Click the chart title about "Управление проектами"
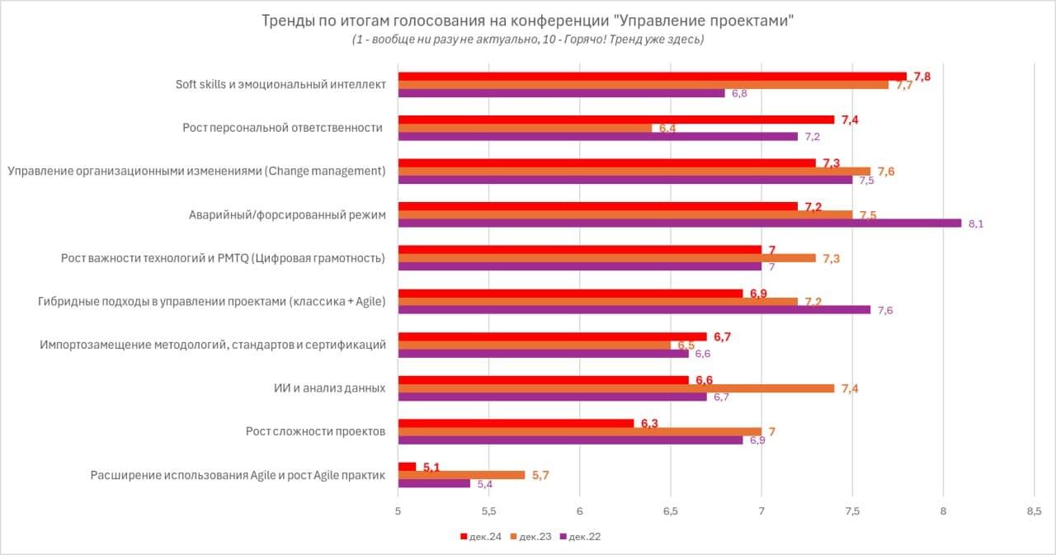point(527,21)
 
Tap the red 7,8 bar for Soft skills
point(652,76)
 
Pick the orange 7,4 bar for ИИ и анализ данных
point(615,388)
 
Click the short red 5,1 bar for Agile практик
point(407,467)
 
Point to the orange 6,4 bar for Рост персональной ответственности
point(525,128)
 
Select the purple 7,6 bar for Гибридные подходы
point(634,309)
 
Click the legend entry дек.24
point(481,537)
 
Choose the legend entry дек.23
point(531,537)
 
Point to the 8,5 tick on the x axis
point(1034,510)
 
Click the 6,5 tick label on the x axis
point(671,510)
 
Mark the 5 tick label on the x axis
point(398,510)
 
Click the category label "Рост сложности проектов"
point(315,431)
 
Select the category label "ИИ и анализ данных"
point(330,388)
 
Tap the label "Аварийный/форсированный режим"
point(287,215)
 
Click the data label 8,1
point(976,223)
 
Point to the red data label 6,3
point(649,424)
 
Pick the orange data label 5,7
point(540,475)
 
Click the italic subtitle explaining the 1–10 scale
point(527,40)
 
